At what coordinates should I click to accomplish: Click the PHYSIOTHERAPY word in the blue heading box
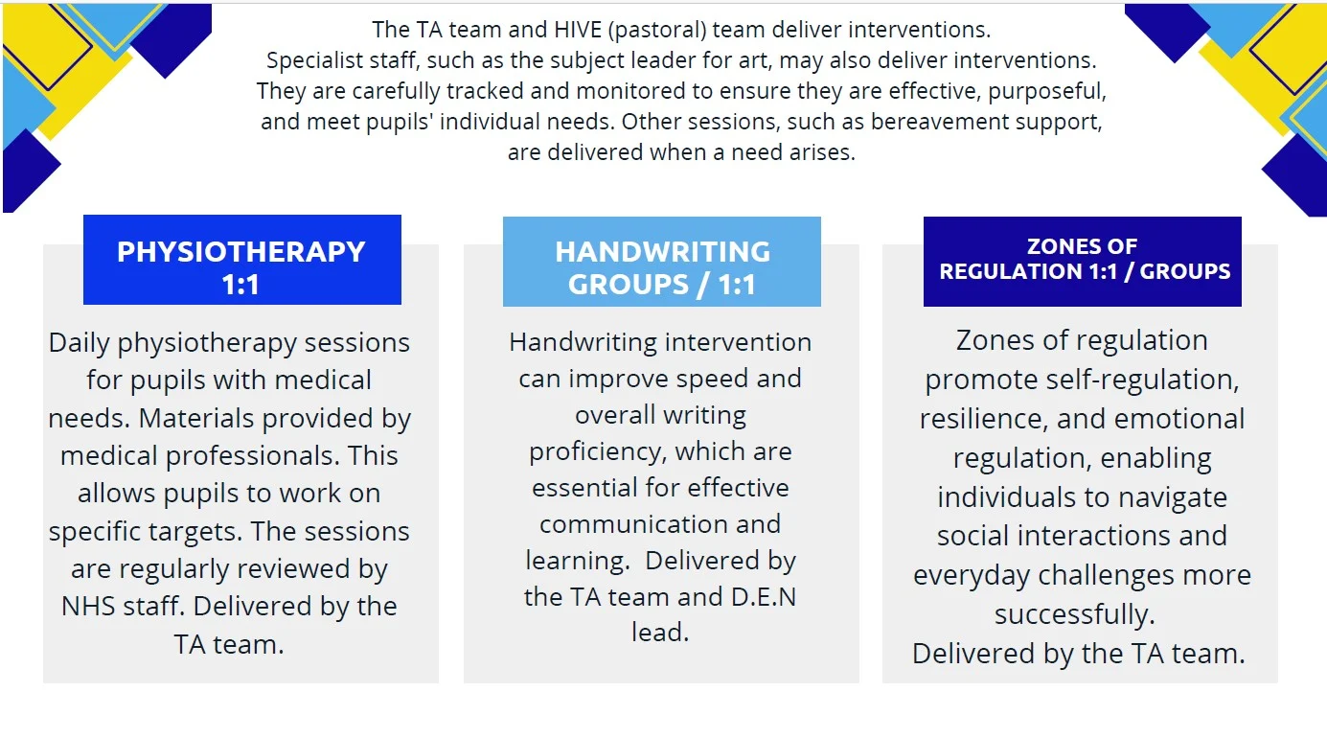[x=241, y=252]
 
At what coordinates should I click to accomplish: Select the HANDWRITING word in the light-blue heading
[x=662, y=252]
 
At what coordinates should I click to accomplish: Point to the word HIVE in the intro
[x=578, y=30]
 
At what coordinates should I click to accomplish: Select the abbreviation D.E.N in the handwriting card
[x=764, y=597]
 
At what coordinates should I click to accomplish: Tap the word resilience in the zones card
[x=983, y=419]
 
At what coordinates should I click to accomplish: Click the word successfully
[x=1075, y=614]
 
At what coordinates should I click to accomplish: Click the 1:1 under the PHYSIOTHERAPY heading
[x=240, y=285]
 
